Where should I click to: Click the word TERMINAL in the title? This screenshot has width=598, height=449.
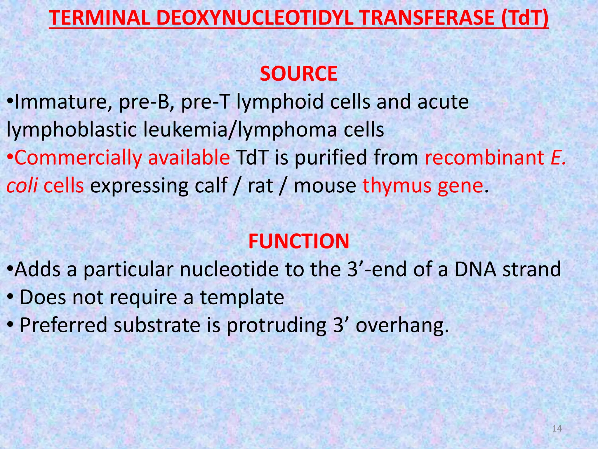99,18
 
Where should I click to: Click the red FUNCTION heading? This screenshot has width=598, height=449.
299,241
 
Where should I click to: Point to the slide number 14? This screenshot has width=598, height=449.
557,429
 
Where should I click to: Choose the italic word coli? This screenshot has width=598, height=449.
22,186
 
